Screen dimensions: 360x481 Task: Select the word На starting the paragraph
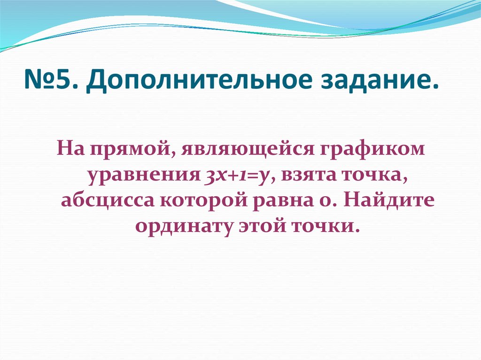(x=70, y=150)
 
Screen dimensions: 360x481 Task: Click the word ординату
(x=181, y=226)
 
